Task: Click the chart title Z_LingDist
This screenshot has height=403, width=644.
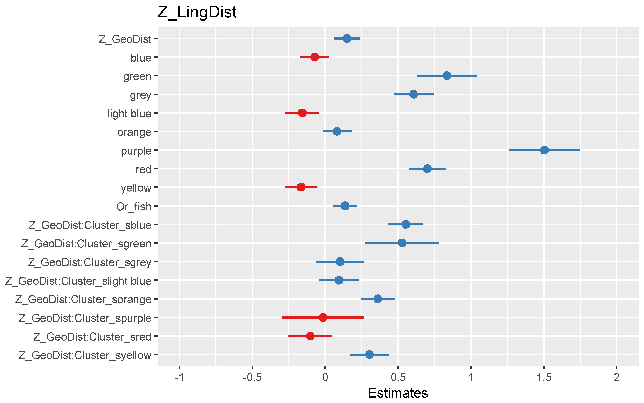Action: (197, 12)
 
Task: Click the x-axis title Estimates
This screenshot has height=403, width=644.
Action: (398, 393)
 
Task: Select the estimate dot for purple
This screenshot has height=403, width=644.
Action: (544, 150)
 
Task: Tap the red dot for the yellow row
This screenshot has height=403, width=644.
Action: (301, 187)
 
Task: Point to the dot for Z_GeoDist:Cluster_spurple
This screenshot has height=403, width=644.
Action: (323, 318)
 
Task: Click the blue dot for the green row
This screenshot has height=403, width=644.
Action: (447, 76)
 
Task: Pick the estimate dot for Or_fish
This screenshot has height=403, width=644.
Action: (345, 206)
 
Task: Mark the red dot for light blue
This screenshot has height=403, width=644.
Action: (302, 113)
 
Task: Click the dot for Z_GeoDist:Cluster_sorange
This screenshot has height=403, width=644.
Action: (378, 299)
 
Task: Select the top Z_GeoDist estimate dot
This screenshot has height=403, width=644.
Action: (347, 38)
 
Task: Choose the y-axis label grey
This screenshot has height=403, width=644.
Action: (141, 95)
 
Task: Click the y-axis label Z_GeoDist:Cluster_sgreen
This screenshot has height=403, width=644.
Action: (86, 244)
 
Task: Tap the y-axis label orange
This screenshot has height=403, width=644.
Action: (134, 132)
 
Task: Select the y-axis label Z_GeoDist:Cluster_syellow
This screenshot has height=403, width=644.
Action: (85, 355)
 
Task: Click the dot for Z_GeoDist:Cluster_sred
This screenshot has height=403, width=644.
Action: (310, 336)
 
